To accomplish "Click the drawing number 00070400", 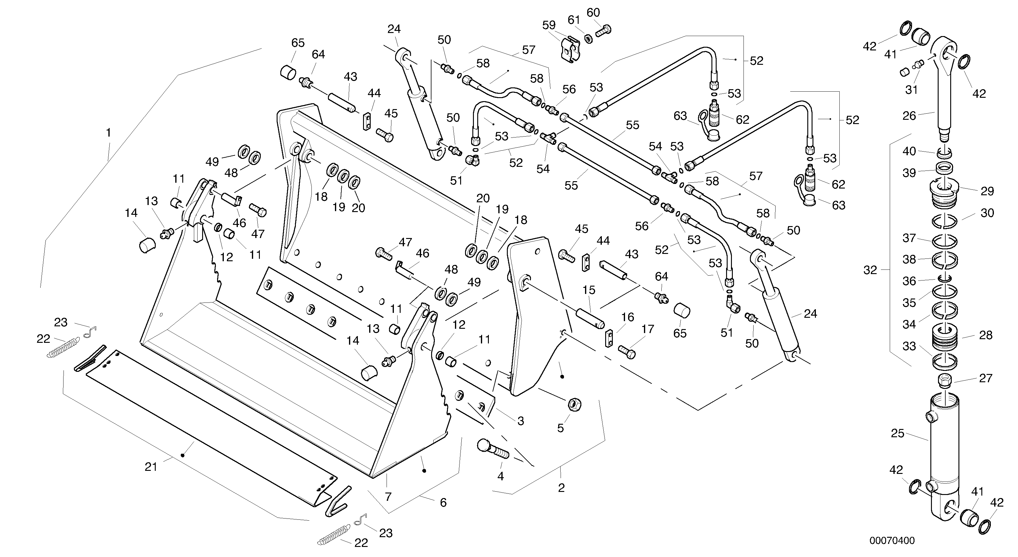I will click(892, 541).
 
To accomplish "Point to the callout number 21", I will click(151, 467).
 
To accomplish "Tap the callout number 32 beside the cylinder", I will click(870, 270).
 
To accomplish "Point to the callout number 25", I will click(897, 434).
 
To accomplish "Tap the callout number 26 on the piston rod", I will click(909, 116).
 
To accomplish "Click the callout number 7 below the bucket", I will click(388, 497).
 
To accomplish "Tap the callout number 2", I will click(561, 488).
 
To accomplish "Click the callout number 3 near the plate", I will click(521, 421).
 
